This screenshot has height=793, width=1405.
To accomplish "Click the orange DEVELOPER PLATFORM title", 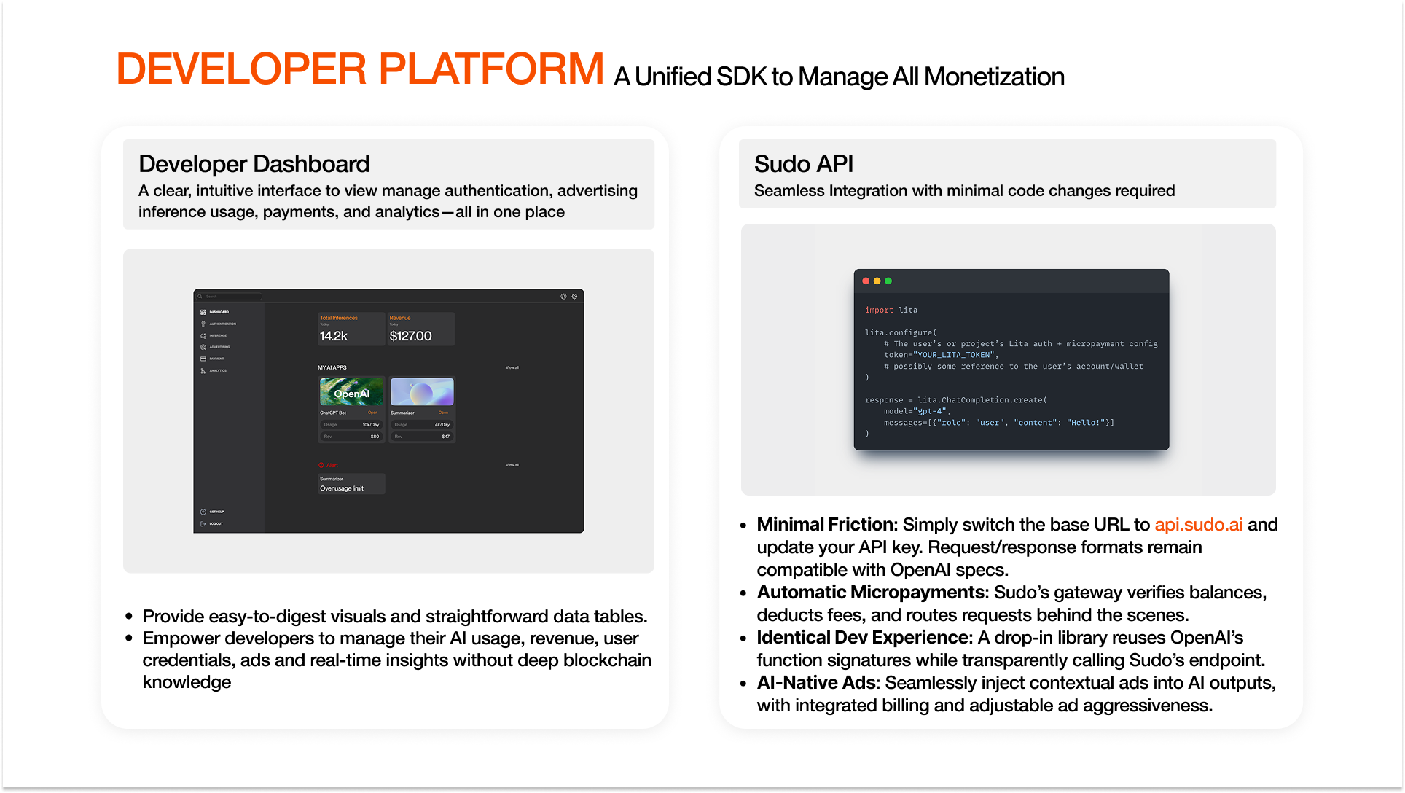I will coord(359,69).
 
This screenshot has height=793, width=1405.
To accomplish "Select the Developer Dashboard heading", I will coord(254,164).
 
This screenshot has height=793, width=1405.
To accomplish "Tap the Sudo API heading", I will coord(803,164).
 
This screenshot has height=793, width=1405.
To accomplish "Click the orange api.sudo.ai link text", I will coord(1198,525).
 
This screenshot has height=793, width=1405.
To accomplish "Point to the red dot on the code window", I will coord(866,281).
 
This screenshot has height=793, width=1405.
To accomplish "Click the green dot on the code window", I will coord(888,281).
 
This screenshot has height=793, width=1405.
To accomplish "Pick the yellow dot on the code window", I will coord(877,281).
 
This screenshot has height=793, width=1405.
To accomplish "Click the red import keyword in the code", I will coord(879,310).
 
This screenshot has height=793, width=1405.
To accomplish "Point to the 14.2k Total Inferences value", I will coord(334,336).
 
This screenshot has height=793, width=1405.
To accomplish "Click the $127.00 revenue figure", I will coord(410,336).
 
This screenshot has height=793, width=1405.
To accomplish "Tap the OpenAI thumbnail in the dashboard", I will coord(351,392).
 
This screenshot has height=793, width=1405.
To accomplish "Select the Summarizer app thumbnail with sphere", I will coord(422,392).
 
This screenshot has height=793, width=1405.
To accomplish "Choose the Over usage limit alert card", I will coord(351,484).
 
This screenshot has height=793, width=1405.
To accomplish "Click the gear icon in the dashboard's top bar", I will coord(574,297).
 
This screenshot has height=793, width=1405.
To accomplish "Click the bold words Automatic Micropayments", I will coord(871,593).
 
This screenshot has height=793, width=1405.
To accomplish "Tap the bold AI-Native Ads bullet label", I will coord(818,683).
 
